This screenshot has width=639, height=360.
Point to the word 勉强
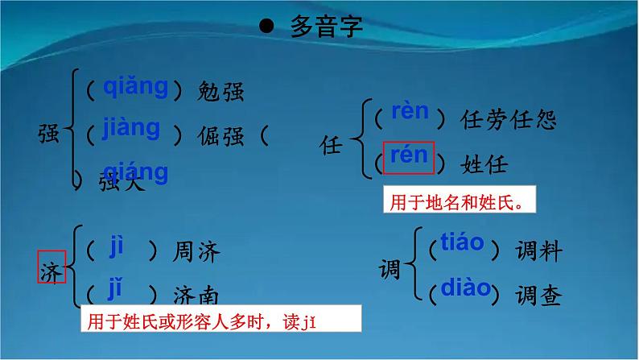tap(220, 91)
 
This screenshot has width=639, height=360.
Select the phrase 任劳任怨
tap(508, 121)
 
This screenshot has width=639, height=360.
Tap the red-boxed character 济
tap(51, 265)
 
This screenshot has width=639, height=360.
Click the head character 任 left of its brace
tap(332, 147)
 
